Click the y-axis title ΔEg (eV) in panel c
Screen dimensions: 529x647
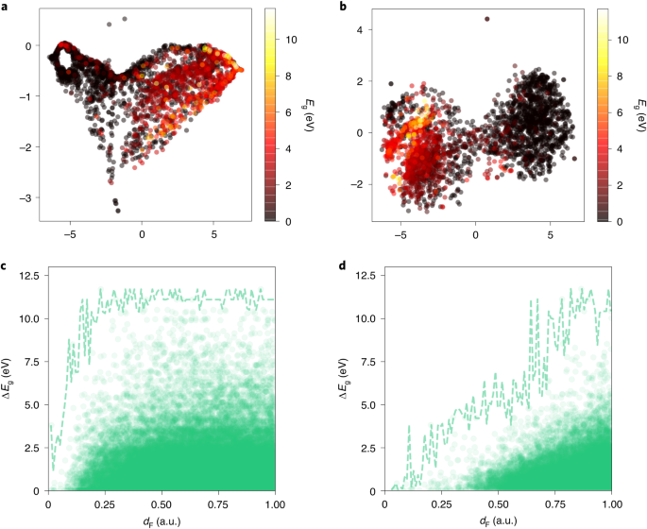(x=9, y=383)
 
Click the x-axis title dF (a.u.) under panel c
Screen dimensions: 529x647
(x=161, y=519)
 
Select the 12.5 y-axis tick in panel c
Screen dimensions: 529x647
(x=26, y=276)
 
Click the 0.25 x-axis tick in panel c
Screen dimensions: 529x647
(x=104, y=503)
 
